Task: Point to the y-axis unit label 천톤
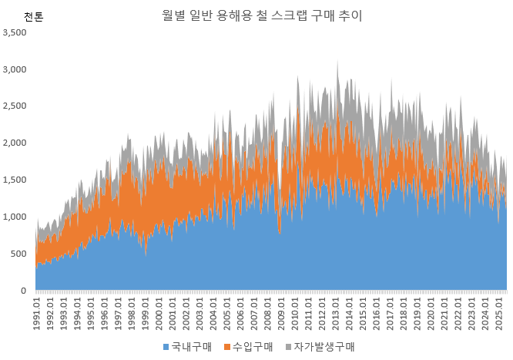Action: pos(34,17)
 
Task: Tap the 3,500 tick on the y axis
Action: pos(15,32)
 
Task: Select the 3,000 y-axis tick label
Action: pos(15,69)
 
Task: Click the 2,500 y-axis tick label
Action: pos(15,106)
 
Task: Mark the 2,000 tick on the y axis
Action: pos(15,143)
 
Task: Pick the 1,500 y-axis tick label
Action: pos(15,180)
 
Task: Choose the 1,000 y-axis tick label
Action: pos(15,217)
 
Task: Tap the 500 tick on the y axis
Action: pos(20,254)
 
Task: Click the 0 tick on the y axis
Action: pos(25,291)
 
